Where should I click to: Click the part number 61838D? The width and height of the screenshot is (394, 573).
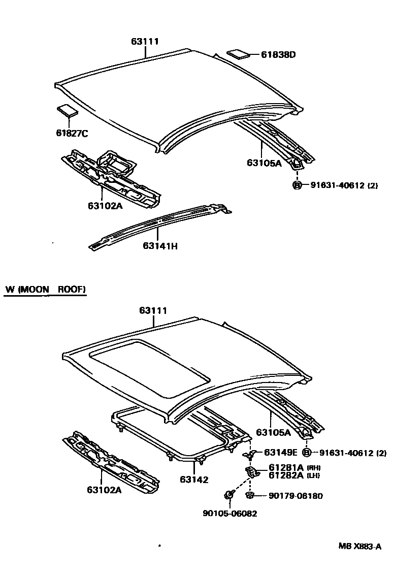coord(278,54)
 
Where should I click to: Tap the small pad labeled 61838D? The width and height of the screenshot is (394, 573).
coord(237,54)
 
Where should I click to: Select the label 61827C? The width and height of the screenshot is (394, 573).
coord(72,133)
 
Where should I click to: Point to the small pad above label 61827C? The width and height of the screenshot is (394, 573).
coord(67,110)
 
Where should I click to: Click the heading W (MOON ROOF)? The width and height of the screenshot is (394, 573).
coord(46,290)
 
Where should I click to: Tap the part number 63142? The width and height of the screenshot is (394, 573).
coord(193,479)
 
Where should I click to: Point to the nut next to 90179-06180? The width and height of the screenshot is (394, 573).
coord(249,495)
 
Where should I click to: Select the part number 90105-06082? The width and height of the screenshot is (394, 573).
coord(229,514)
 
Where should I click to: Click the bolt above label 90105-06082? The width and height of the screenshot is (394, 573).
coord(229,493)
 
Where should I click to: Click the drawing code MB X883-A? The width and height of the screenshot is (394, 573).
coord(359,547)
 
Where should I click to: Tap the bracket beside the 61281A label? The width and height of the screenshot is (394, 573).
coord(253,472)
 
